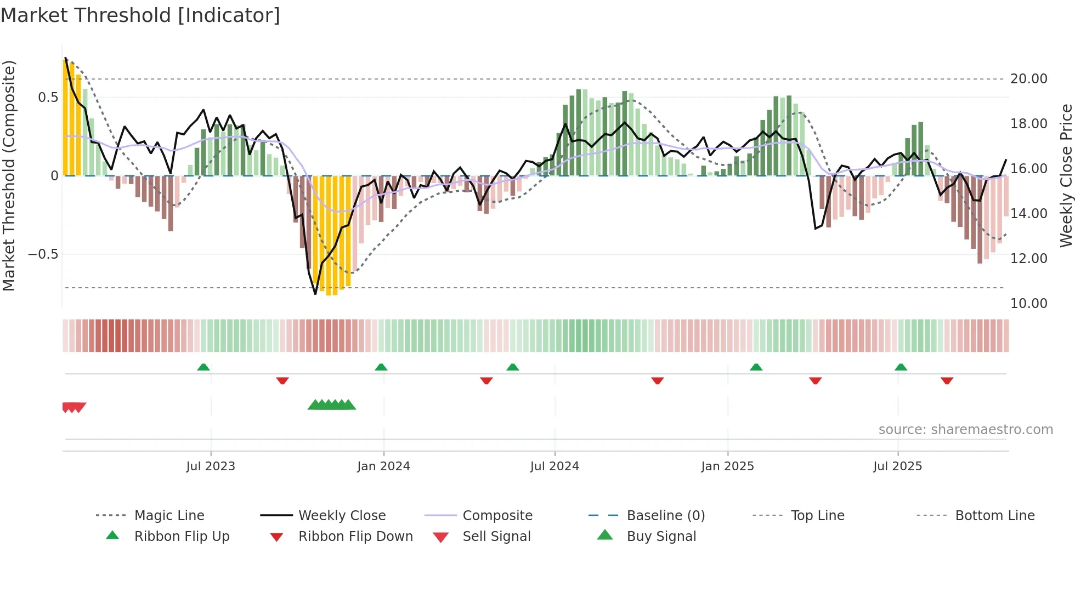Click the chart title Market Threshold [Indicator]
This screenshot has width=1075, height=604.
pos(140,15)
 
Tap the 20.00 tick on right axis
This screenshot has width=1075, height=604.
pos(1028,79)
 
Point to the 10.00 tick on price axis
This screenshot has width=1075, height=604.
pos(1028,304)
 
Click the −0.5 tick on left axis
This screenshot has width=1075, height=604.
pos(43,254)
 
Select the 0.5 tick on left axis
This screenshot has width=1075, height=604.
pos(48,98)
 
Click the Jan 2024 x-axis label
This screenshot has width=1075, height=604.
pos(383,466)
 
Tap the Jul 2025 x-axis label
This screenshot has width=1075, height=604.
pos(897,466)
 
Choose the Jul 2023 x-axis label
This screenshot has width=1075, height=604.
pos(211,466)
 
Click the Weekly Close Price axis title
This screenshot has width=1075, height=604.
pos(1065,175)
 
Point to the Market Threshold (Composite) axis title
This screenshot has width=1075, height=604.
pos(9,175)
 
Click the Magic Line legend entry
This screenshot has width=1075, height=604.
pos(169,516)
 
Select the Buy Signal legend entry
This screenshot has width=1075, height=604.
pos(661,537)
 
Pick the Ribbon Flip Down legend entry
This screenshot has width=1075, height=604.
pos(355,537)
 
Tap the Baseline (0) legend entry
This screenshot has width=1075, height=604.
pos(665,516)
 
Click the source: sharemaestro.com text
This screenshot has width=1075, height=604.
pos(965,430)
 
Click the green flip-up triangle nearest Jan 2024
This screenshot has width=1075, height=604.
pos(381,367)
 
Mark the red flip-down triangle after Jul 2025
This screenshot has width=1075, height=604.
pos(947,380)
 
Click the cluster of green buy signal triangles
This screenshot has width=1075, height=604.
pos(332,405)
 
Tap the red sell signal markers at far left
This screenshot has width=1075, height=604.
pos(74,407)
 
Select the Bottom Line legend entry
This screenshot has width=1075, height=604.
pos(994,516)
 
